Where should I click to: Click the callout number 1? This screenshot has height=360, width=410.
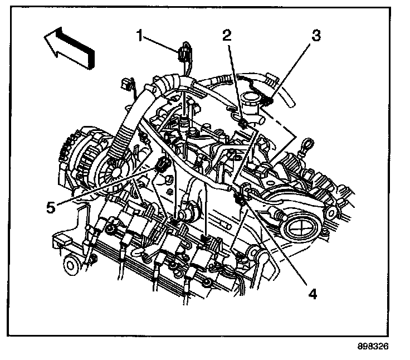pyautogui.click(x=141, y=37)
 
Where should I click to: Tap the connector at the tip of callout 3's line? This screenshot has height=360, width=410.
pyautogui.click(x=269, y=100)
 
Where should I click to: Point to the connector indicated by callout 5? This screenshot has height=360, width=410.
pyautogui.click(x=162, y=165)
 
